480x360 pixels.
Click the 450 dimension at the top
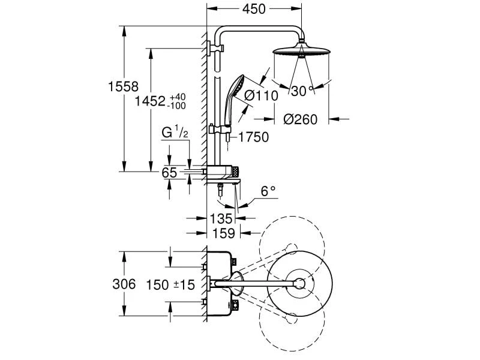254,9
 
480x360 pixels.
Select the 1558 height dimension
124,86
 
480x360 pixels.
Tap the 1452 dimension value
151,101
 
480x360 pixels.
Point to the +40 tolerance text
178,97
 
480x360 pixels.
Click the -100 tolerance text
176,106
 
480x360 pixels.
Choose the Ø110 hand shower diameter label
261,96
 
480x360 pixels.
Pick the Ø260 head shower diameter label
301,119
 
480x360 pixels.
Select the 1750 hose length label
253,137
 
